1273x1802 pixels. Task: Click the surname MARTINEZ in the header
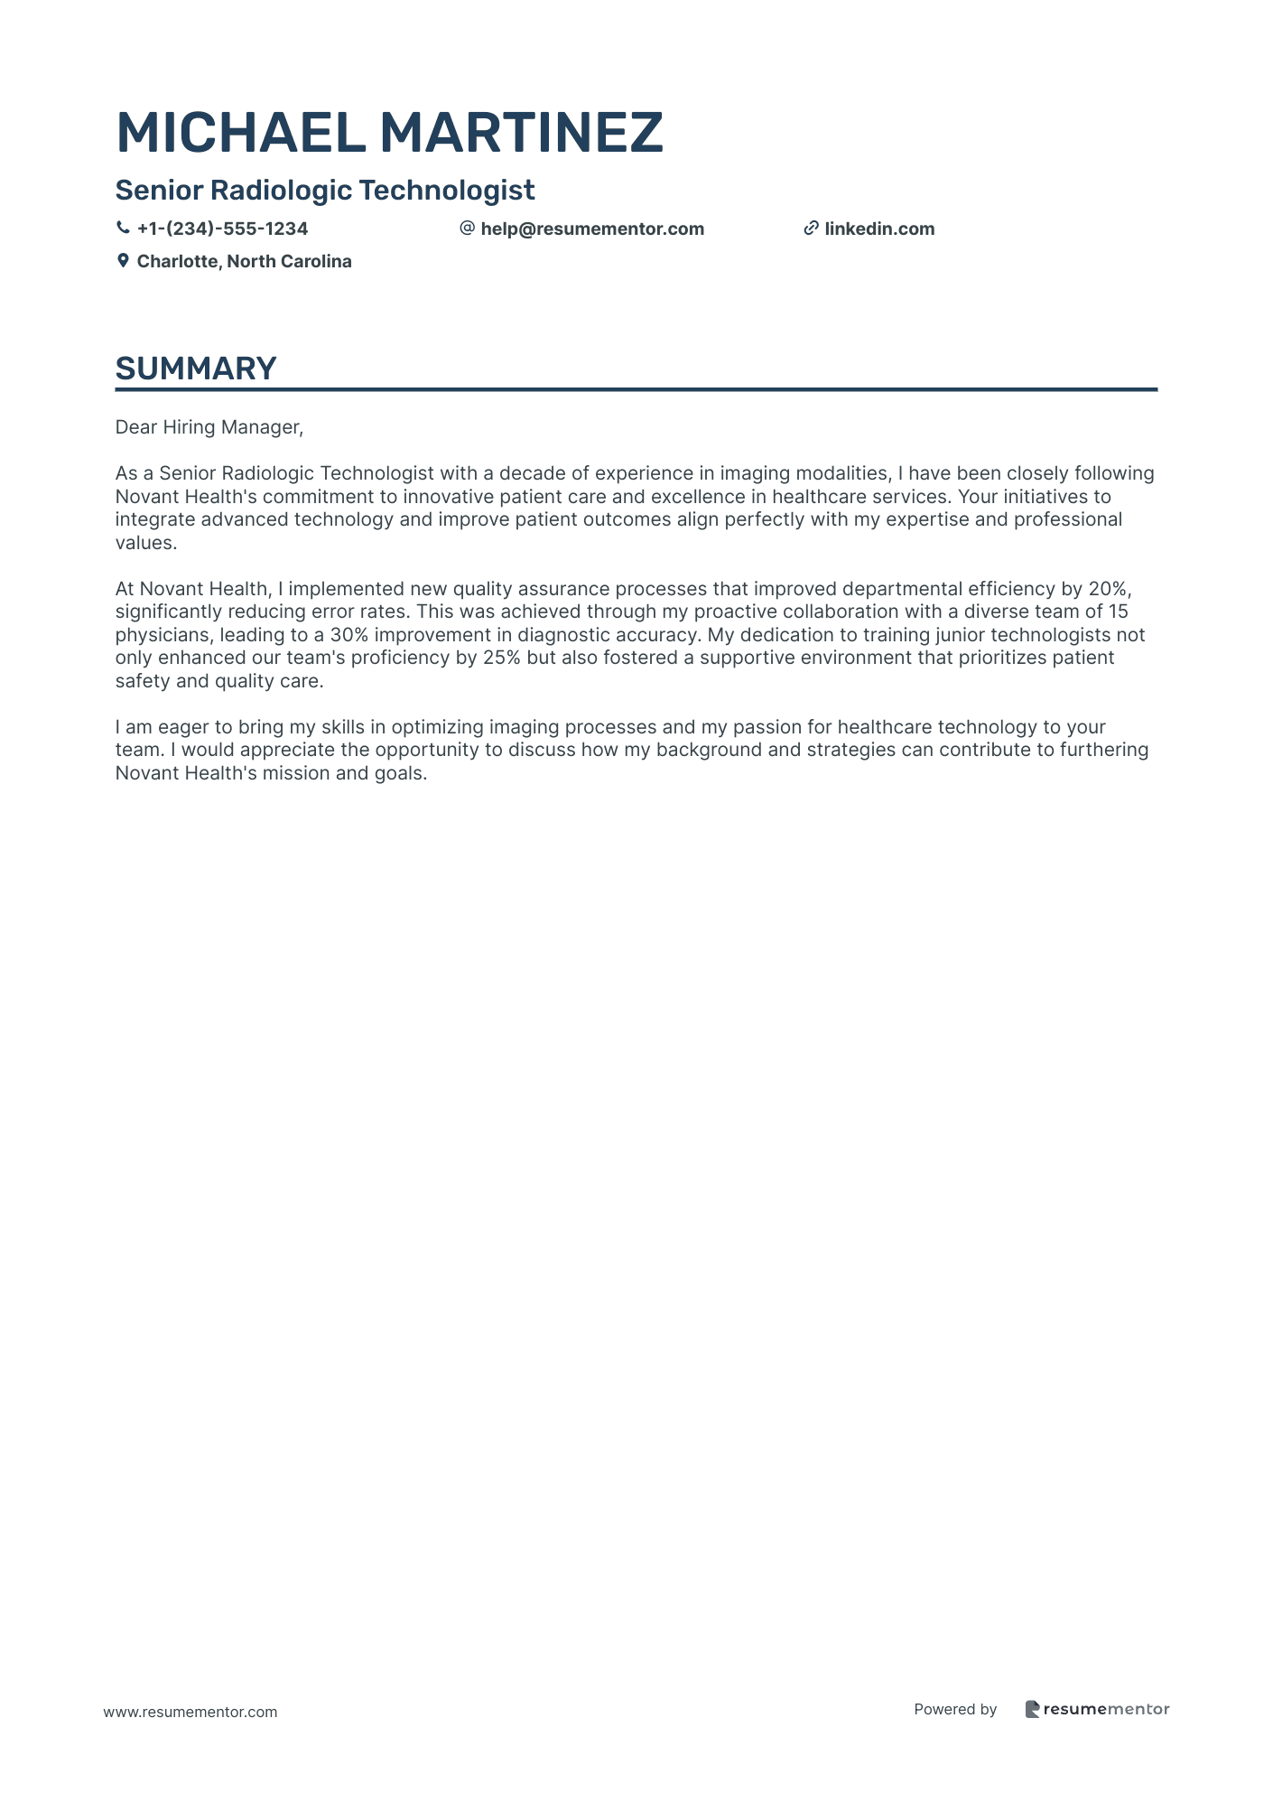[521, 133]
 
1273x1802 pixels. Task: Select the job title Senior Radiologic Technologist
[325, 191]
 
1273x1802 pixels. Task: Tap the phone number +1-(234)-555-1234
[222, 229]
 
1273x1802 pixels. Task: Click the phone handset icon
[123, 229]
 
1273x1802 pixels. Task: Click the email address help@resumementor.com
[592, 229]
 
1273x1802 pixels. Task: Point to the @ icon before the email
[467, 229]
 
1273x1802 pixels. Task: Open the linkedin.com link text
[879, 229]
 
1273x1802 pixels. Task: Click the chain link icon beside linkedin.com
[811, 229]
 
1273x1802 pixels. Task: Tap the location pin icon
[123, 261]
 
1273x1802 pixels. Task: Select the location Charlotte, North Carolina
[244, 261]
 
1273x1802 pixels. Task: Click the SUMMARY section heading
[196, 369]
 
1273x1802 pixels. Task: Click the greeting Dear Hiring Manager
[209, 427]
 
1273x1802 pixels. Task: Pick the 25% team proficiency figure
[501, 658]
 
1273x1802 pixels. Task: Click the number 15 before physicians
[1118, 612]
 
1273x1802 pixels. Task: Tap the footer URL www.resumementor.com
[190, 1712]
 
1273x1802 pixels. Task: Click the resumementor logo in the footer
[1097, 1709]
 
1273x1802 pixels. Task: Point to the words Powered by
[955, 1709]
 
